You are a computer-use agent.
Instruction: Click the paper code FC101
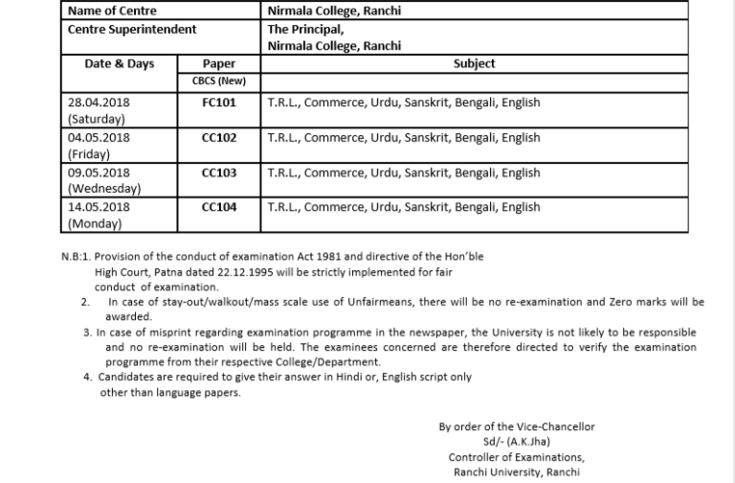pos(219,102)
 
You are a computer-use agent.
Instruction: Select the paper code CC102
pos(219,137)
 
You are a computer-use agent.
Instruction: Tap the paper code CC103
pos(219,172)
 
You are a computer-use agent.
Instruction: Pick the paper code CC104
pos(219,207)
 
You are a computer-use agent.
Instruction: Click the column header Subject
pos(474,64)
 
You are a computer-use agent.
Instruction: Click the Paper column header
pos(219,64)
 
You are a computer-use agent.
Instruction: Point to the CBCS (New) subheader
pos(219,80)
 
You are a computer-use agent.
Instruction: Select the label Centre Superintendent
pos(132,29)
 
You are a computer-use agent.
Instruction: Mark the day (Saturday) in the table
pos(98,119)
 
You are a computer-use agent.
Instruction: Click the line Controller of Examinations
pos(523,457)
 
